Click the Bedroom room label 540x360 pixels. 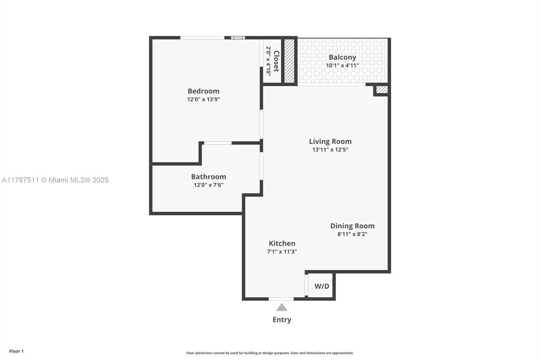[203, 91]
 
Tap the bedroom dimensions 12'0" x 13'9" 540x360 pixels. [204, 99]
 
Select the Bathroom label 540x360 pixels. [208, 177]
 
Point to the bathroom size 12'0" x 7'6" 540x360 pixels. [208, 185]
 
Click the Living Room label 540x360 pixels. [330, 142]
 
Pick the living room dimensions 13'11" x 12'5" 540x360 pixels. [330, 150]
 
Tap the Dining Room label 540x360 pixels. [352, 226]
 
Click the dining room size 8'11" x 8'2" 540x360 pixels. [352, 234]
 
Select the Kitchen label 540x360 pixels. [282, 243]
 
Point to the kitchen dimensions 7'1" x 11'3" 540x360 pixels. [282, 252]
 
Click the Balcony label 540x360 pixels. [342, 57]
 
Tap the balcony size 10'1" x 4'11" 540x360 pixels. [342, 66]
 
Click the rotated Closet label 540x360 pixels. [276, 61]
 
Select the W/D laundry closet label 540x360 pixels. [322, 286]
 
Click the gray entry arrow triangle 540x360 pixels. [282, 308]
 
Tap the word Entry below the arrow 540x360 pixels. [282, 319]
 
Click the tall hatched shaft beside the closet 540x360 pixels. [289, 61]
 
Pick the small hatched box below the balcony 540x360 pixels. [382, 90]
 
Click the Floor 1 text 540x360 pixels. [16, 351]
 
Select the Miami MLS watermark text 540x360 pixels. [55, 180]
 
